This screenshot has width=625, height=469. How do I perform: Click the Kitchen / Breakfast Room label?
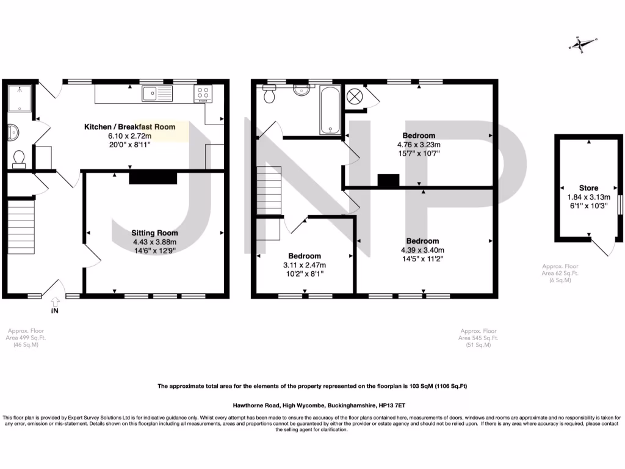[129, 127]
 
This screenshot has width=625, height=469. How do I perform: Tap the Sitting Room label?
[155, 233]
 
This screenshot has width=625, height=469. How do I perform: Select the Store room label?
[588, 188]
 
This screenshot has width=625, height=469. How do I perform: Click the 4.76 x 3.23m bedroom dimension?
[419, 145]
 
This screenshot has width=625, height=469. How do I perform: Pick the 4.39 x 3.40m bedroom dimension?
[422, 250]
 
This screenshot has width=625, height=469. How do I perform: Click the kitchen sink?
[157, 93]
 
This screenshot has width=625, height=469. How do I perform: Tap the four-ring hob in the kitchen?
[203, 93]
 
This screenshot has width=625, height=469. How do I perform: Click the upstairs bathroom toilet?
[269, 95]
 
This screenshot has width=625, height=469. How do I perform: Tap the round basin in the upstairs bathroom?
[301, 90]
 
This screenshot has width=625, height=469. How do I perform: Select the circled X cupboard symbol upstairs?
[355, 97]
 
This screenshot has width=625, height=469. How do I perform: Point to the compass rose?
[582, 43]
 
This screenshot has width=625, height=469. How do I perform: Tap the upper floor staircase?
[269, 189]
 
